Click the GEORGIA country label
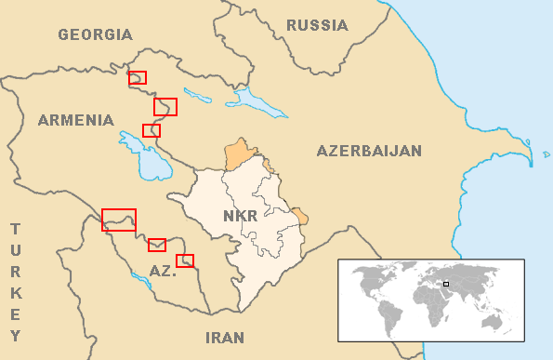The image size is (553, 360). pyautogui.click(x=95, y=35)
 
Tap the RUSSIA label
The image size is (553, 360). pyautogui.click(x=317, y=25)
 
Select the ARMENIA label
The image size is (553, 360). pyautogui.click(x=76, y=120)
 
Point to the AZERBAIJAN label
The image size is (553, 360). pyautogui.click(x=369, y=151)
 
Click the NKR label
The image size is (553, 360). pyautogui.click(x=240, y=217)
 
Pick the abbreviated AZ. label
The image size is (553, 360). pyautogui.click(x=163, y=271)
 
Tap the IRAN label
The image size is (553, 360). pyautogui.click(x=225, y=337)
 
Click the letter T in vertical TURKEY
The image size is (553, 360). pyautogui.click(x=16, y=229)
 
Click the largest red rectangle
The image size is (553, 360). pyautogui.click(x=119, y=220)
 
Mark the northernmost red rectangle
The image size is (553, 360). pyautogui.click(x=137, y=78)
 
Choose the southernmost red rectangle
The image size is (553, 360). pyautogui.click(x=185, y=260)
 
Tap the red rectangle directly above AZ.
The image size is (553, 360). pyautogui.click(x=157, y=245)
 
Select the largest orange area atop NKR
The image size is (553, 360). pyautogui.click(x=241, y=153)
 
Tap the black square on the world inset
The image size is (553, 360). pyautogui.click(x=446, y=284)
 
